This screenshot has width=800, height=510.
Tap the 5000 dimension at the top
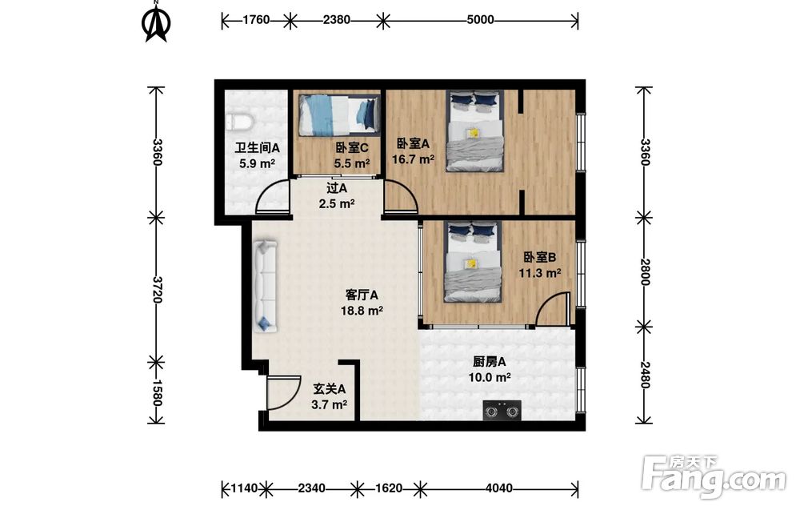480,20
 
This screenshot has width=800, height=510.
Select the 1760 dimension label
256,20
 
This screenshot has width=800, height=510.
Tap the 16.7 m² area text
414,159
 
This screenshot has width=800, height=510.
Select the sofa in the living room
266,286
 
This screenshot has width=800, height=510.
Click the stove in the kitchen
502,411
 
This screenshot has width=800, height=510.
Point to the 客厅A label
362,295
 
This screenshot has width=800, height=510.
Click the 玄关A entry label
329,389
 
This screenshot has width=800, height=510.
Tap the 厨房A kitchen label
490,362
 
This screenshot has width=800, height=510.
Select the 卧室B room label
540,257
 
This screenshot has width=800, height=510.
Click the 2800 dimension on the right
644,272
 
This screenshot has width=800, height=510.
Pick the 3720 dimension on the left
156,290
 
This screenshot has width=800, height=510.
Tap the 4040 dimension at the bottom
498,488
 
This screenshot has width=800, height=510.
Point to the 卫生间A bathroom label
257,148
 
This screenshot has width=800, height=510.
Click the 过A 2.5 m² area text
337,203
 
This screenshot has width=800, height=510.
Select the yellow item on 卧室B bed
472,263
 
